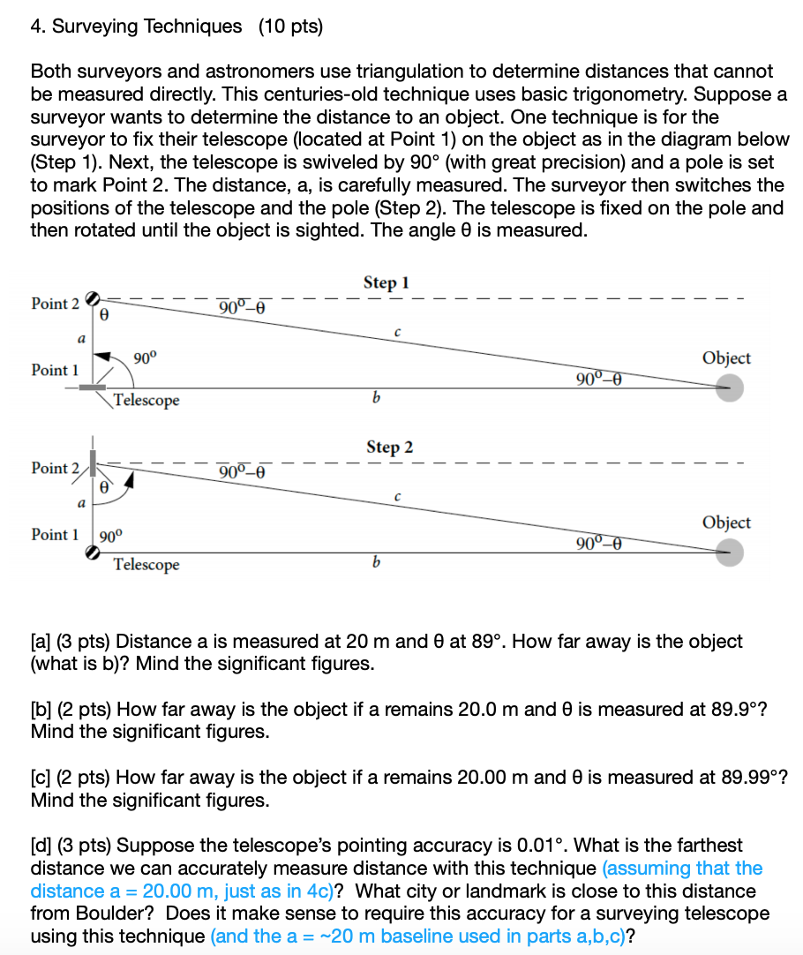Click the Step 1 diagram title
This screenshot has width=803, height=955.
[x=386, y=282]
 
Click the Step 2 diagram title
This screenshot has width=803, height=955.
[x=388, y=447]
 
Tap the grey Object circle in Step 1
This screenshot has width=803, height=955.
[x=729, y=387]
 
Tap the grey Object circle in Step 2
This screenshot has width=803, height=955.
[x=729, y=553]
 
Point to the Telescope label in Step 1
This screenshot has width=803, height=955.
[x=146, y=401]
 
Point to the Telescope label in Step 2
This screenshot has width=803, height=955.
[x=146, y=565]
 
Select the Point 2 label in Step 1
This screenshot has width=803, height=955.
[x=55, y=304]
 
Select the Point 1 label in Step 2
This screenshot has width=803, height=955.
[x=55, y=535]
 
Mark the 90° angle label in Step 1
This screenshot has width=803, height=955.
[x=144, y=358]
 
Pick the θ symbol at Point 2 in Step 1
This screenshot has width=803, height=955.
[x=104, y=313]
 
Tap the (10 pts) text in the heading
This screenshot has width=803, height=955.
[x=290, y=26]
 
